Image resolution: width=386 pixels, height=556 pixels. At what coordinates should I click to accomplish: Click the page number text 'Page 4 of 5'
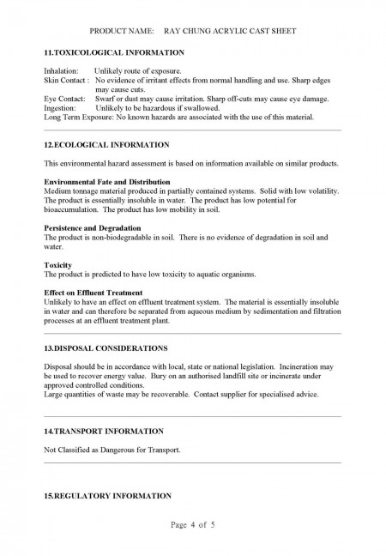(194, 525)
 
